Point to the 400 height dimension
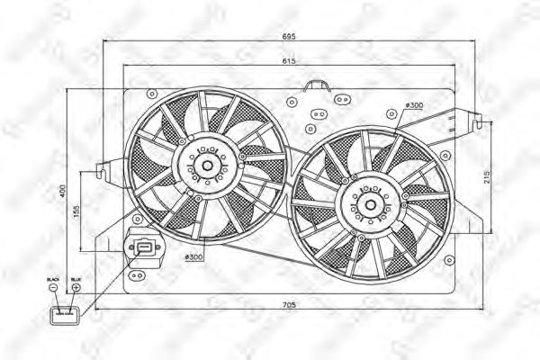[64, 192]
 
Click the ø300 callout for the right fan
[414, 106]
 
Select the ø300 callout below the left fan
[193, 258]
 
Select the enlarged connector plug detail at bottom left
[65, 315]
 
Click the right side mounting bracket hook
[472, 116]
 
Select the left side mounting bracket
[103, 168]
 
